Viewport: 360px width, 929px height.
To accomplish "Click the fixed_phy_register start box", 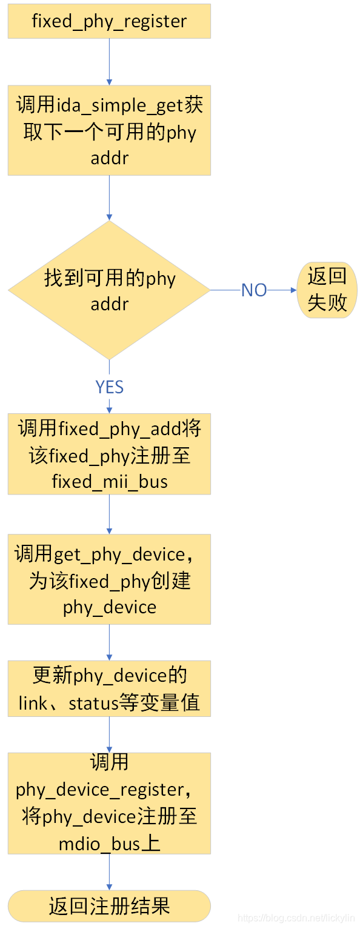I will coord(109,21).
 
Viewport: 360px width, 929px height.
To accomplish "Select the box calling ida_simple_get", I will coord(109,130).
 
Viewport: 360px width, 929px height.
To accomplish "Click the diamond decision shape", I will coord(109,290).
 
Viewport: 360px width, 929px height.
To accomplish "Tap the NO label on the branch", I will coord(254,290).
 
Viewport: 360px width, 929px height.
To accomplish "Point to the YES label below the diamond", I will coord(109,387).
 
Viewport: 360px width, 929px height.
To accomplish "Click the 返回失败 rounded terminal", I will coord(327,290).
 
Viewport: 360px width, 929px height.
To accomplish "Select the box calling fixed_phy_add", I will coord(109,455).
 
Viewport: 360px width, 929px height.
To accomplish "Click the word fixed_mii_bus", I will coord(110,482).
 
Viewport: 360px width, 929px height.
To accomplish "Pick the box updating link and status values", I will coord(109,688).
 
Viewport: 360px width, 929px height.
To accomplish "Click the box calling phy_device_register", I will coord(109,803).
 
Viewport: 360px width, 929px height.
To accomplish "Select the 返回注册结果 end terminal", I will coord(109,906).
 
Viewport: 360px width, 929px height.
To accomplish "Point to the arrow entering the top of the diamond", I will coord(109,198).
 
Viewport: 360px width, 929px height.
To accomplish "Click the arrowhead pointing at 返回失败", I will coord(293,290).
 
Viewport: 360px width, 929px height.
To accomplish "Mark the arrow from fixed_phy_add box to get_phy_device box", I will coord(109,514).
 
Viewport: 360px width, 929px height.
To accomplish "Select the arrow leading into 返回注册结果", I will coord(109,872).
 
